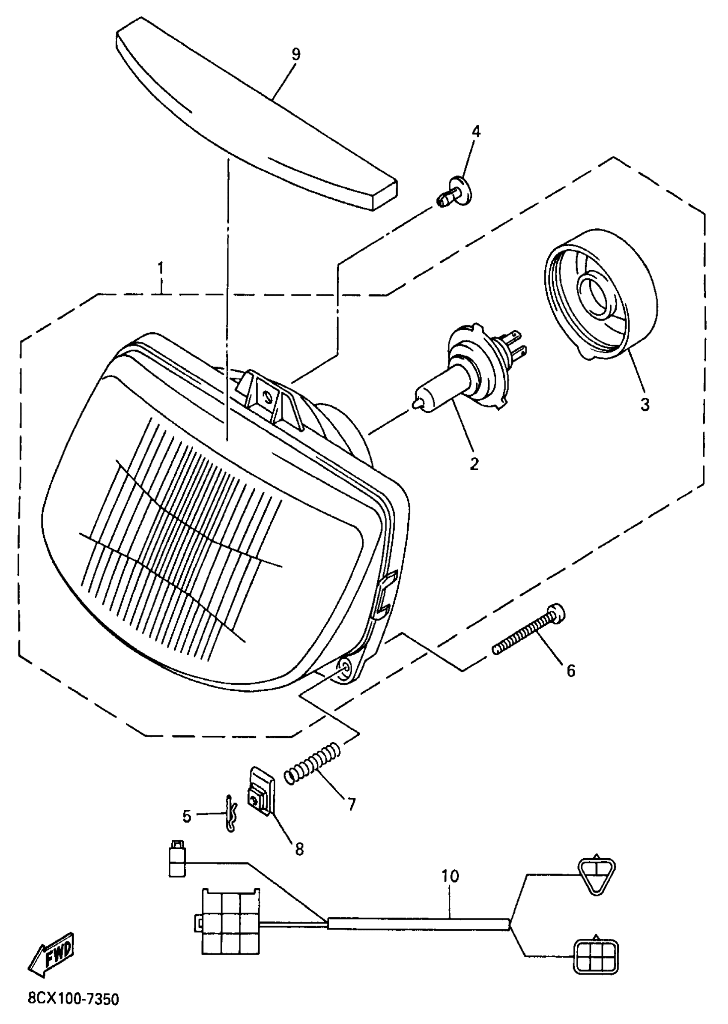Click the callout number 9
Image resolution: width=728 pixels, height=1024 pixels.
(295, 55)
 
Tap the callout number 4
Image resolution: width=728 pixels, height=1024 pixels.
(476, 131)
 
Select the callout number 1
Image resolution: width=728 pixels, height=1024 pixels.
(160, 269)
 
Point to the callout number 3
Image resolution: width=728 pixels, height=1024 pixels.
(644, 405)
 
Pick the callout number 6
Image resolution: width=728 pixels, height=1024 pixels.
(571, 671)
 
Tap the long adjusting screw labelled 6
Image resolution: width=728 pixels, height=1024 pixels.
(529, 633)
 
